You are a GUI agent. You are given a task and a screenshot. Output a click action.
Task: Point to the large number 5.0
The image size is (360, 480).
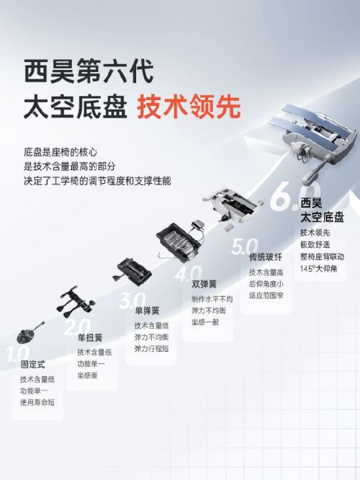244,246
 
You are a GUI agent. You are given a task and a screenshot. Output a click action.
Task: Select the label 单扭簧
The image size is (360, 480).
90,338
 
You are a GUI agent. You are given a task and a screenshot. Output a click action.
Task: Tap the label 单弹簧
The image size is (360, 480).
147,311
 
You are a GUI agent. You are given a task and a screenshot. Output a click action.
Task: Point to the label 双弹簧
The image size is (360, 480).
204,285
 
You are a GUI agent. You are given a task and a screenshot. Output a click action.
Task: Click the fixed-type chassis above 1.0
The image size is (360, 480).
30,334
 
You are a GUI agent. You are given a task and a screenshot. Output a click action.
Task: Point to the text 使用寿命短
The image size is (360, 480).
37,401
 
